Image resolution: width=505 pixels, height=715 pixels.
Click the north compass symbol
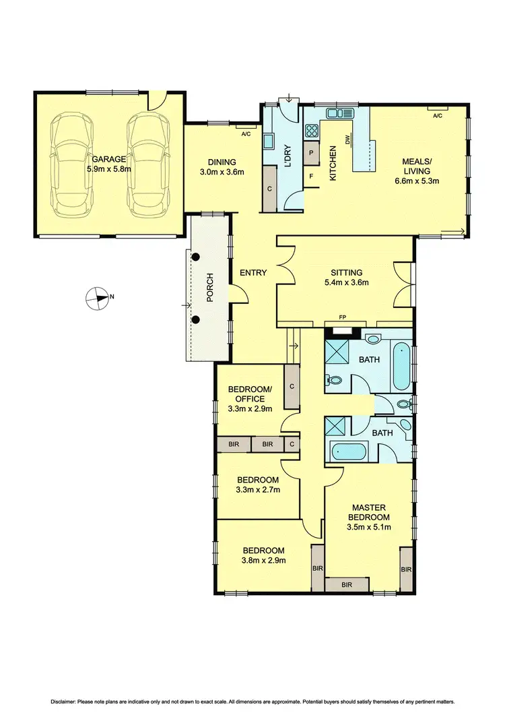click(x=98, y=298)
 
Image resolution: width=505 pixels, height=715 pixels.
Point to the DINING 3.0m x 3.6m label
click(x=222, y=166)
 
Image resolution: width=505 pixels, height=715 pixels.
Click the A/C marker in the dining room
click(x=246, y=133)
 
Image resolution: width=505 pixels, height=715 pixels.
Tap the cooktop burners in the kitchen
click(x=312, y=130)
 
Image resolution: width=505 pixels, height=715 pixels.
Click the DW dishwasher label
click(x=349, y=140)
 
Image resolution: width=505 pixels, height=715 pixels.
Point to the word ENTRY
click(x=253, y=273)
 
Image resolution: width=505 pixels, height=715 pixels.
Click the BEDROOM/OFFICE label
click(x=250, y=394)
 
